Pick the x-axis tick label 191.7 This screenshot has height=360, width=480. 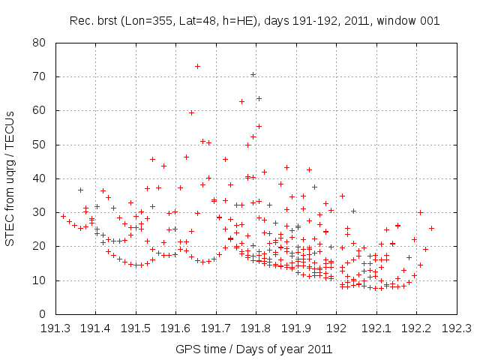point(216,328)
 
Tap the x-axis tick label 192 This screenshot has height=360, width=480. point(336,328)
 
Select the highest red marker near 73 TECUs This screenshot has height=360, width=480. point(197,66)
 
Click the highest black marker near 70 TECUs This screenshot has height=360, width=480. point(253,74)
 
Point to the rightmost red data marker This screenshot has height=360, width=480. point(431,228)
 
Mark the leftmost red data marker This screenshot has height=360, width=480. point(63,216)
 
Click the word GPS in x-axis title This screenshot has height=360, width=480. point(187,349)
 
